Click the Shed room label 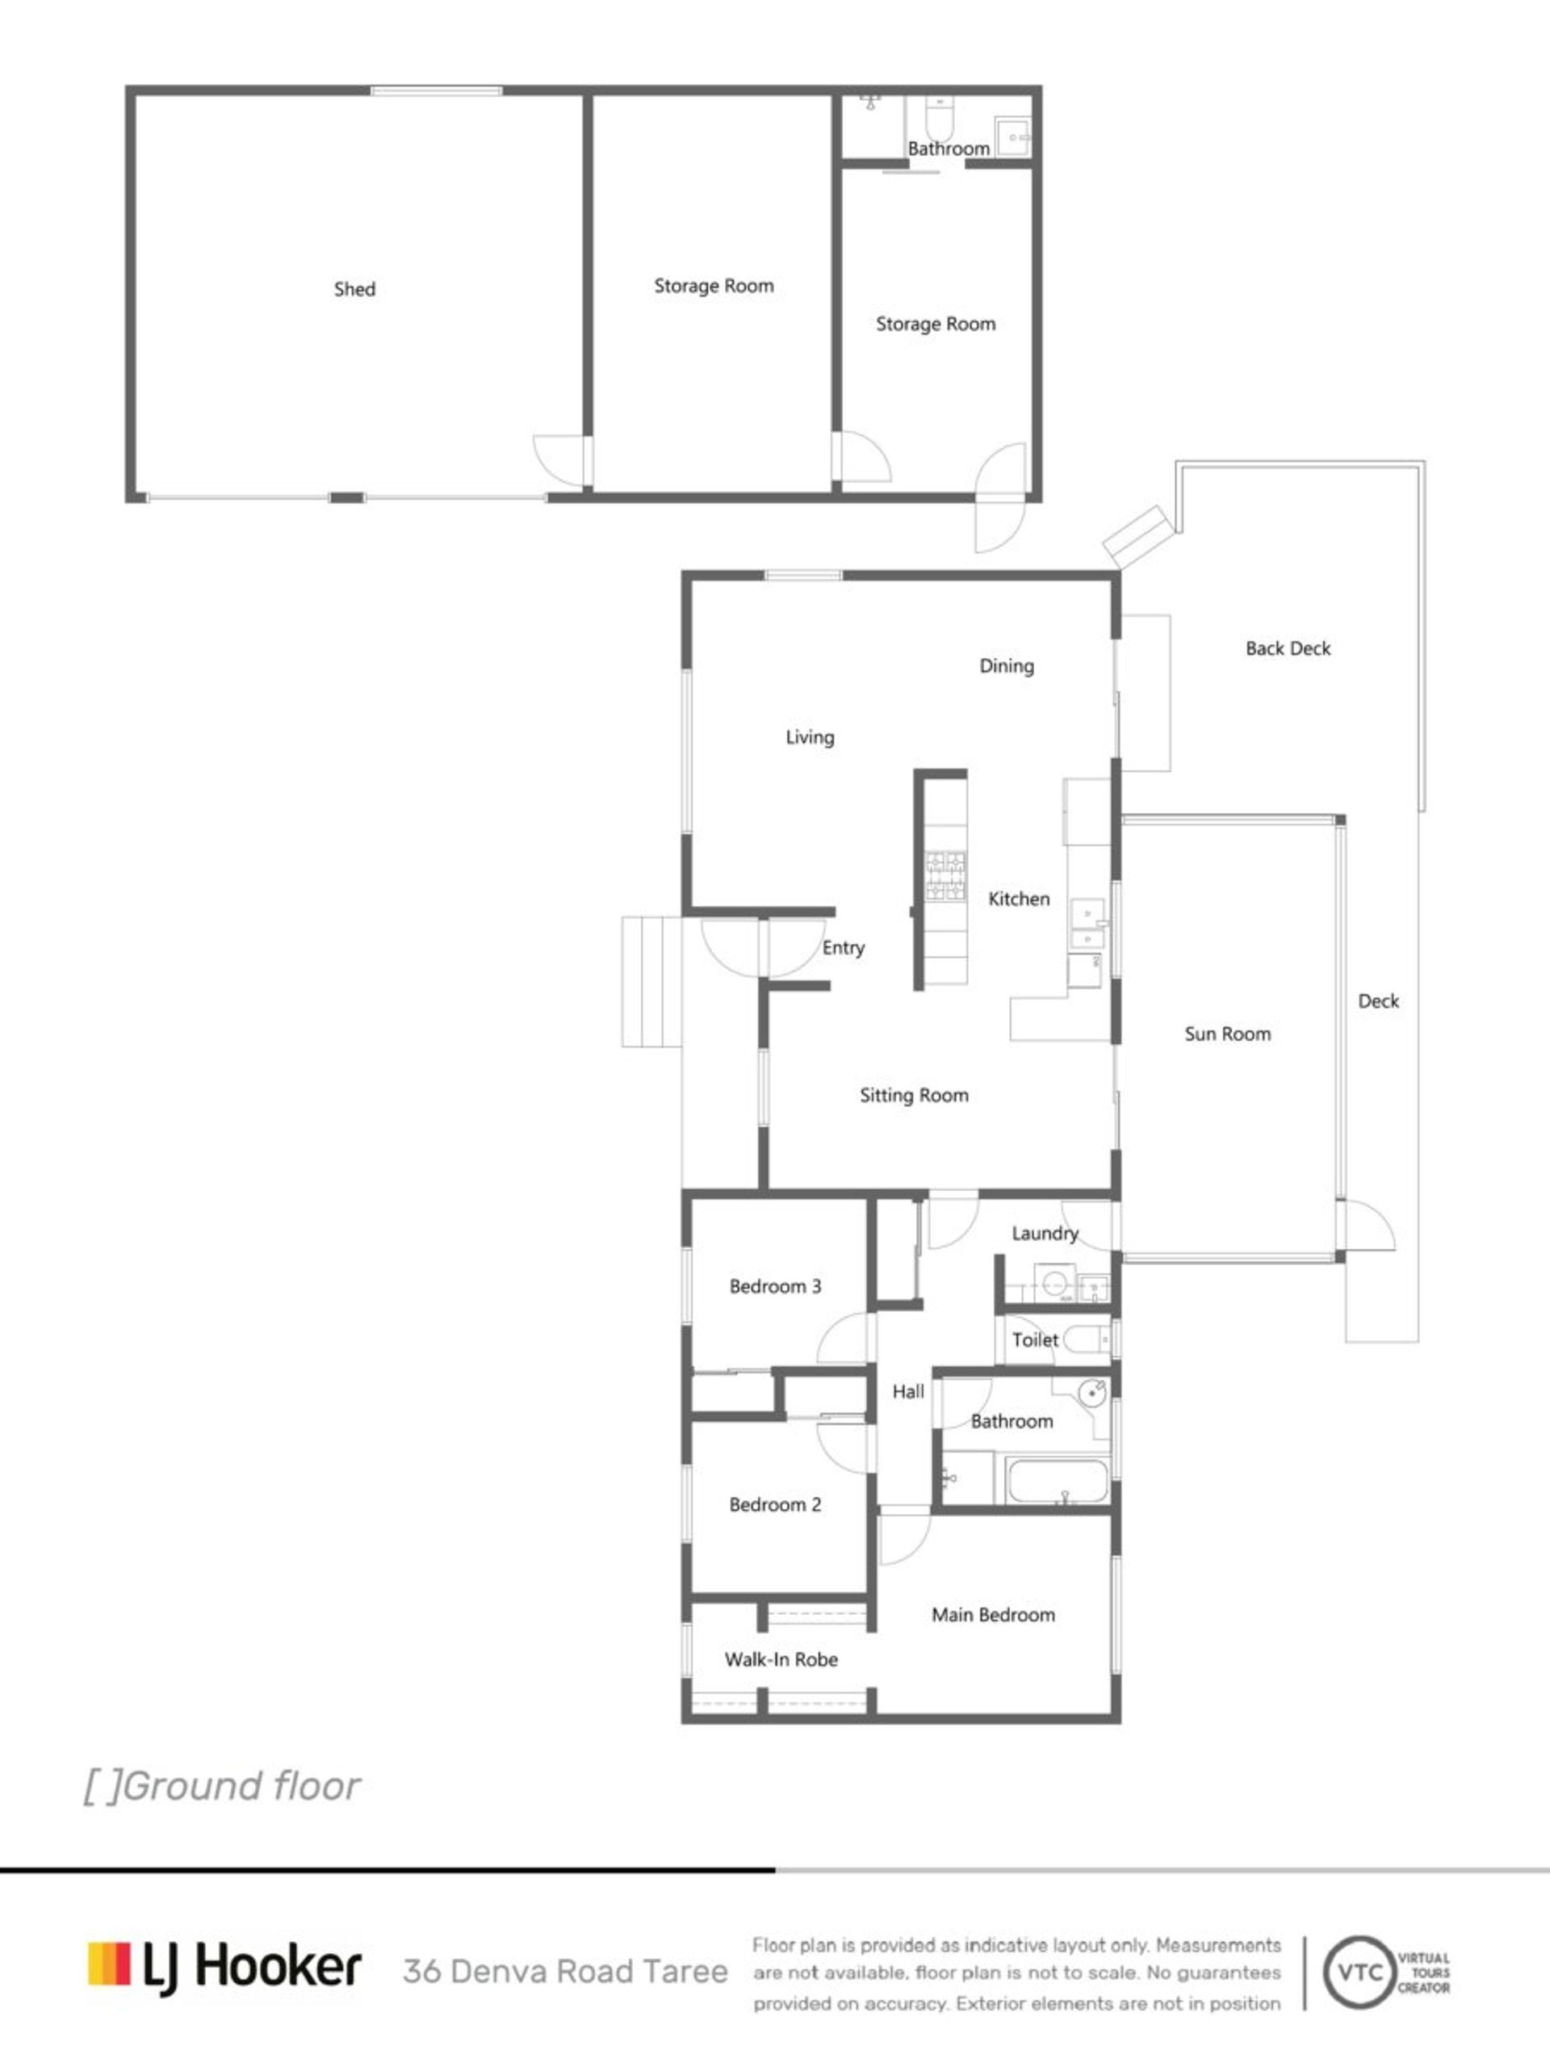point(355,290)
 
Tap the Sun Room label point(1228,1033)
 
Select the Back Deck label point(1288,648)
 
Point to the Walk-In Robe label point(781,1659)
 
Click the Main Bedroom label point(993,1615)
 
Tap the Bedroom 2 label point(776,1504)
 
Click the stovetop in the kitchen point(945,877)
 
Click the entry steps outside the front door point(652,981)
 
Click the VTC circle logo point(1360,1972)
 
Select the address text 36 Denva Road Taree point(565,1972)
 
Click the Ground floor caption point(222,1786)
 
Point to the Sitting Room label point(914,1095)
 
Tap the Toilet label point(1035,1340)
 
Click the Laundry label point(1045,1234)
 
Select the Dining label point(1006,666)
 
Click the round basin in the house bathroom point(1092,1394)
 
